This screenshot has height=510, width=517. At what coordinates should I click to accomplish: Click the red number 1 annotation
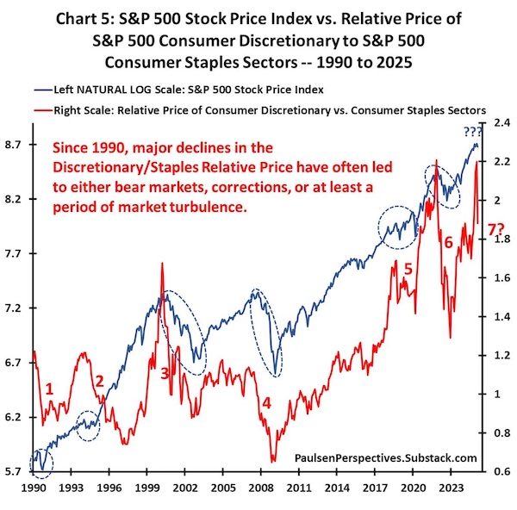point(50,389)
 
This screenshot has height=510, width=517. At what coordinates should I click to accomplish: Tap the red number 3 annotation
point(165,372)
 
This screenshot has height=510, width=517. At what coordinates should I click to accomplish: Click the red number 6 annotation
point(448,243)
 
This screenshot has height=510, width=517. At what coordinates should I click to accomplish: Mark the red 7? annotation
point(496,229)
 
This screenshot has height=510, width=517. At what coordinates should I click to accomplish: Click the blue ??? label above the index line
point(472,132)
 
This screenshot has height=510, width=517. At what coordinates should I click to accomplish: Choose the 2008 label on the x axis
point(258,487)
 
